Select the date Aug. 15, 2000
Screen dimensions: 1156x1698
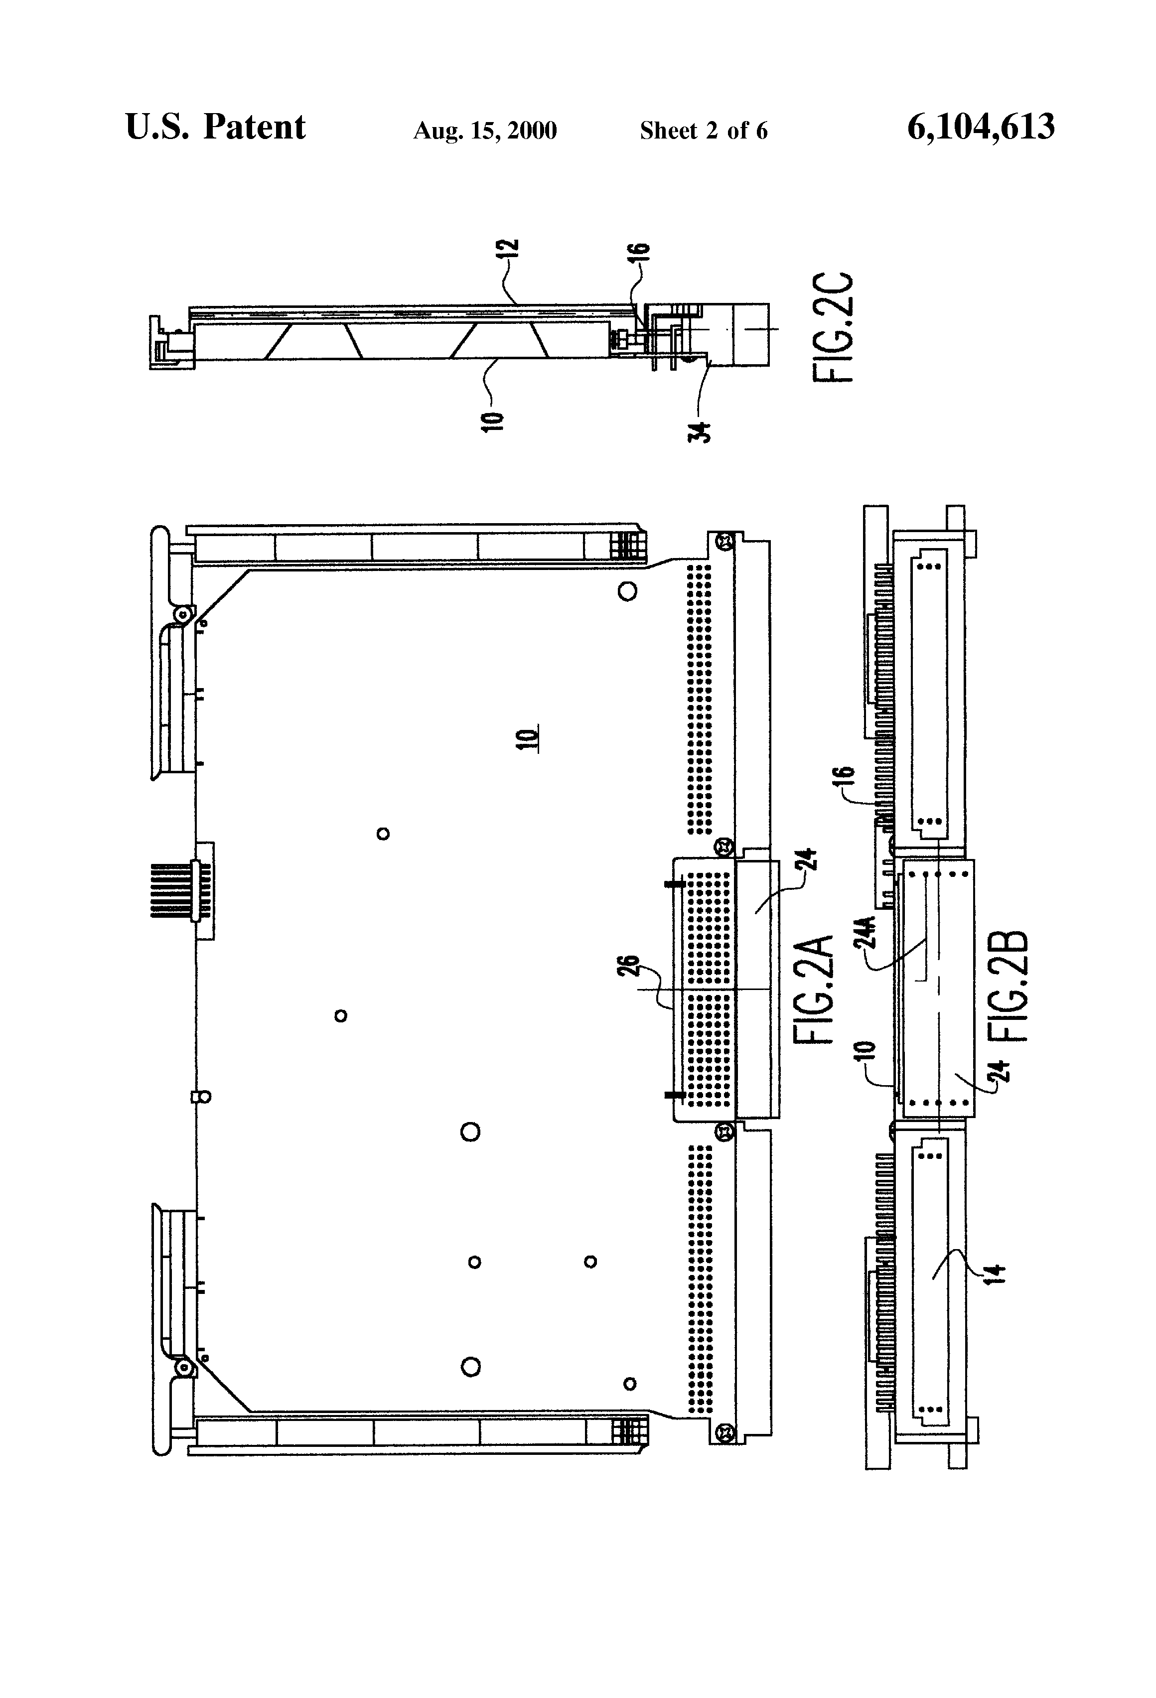coord(485,131)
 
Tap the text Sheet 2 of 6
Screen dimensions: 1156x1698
coord(704,131)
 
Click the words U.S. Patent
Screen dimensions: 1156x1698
coord(216,127)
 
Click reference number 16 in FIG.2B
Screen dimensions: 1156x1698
coord(844,778)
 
